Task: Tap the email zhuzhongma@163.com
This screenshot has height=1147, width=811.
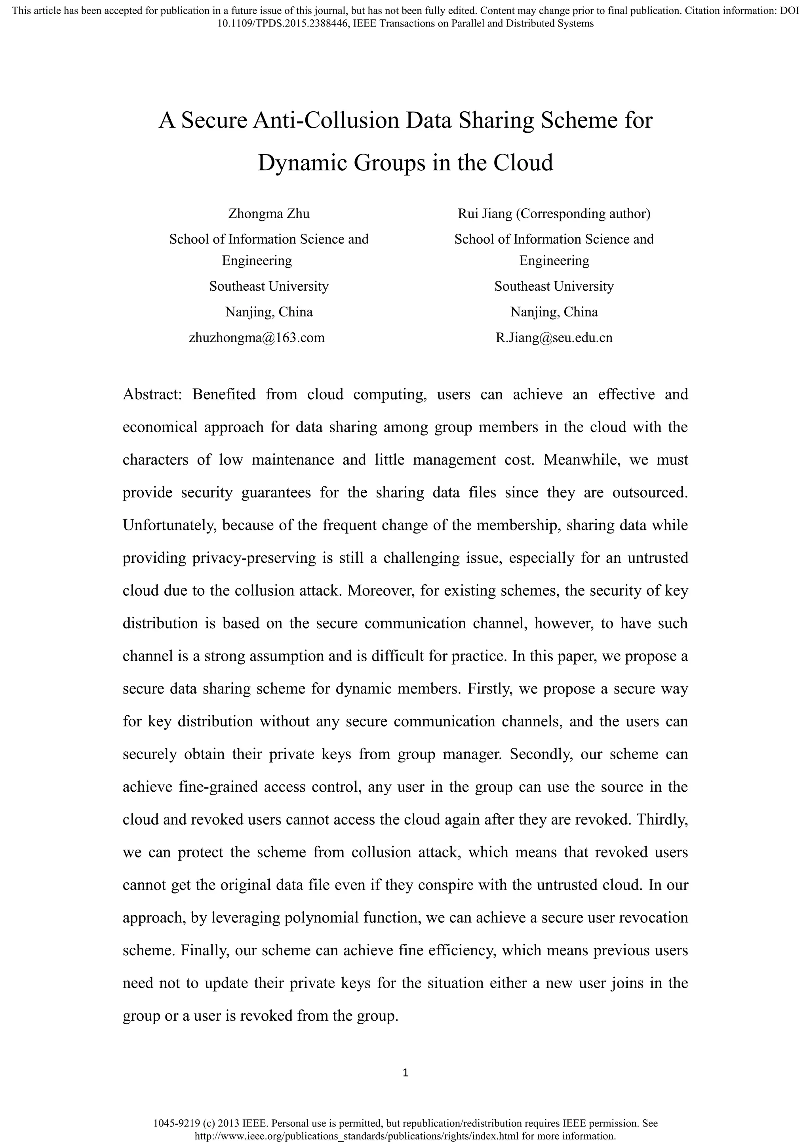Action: [257, 338]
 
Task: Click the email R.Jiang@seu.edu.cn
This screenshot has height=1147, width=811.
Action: [554, 338]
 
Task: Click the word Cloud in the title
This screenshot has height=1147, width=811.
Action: [524, 163]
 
